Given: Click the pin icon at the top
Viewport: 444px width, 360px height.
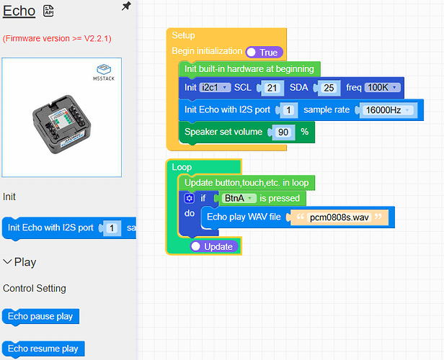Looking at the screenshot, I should pos(126,6).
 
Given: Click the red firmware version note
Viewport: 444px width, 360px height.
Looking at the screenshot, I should pos(57,37).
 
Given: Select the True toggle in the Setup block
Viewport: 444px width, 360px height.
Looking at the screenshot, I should pos(263,53).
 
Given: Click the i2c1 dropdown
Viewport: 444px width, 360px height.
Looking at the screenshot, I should pos(216,87).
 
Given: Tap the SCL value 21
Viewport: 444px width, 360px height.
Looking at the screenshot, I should pos(272,88).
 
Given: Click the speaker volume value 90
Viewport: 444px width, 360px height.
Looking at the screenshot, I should pos(284,132).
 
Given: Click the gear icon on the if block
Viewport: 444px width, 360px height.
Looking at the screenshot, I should pos(190,198).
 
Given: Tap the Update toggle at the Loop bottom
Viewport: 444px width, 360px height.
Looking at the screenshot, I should pos(213,246).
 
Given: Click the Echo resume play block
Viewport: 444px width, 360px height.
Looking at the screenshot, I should pos(43,348).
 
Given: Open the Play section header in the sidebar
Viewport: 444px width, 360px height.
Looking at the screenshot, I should pos(20,262).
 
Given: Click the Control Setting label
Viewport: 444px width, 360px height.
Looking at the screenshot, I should pos(35,288).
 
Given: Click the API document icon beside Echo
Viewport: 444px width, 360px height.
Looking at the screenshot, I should pos(49,11).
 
